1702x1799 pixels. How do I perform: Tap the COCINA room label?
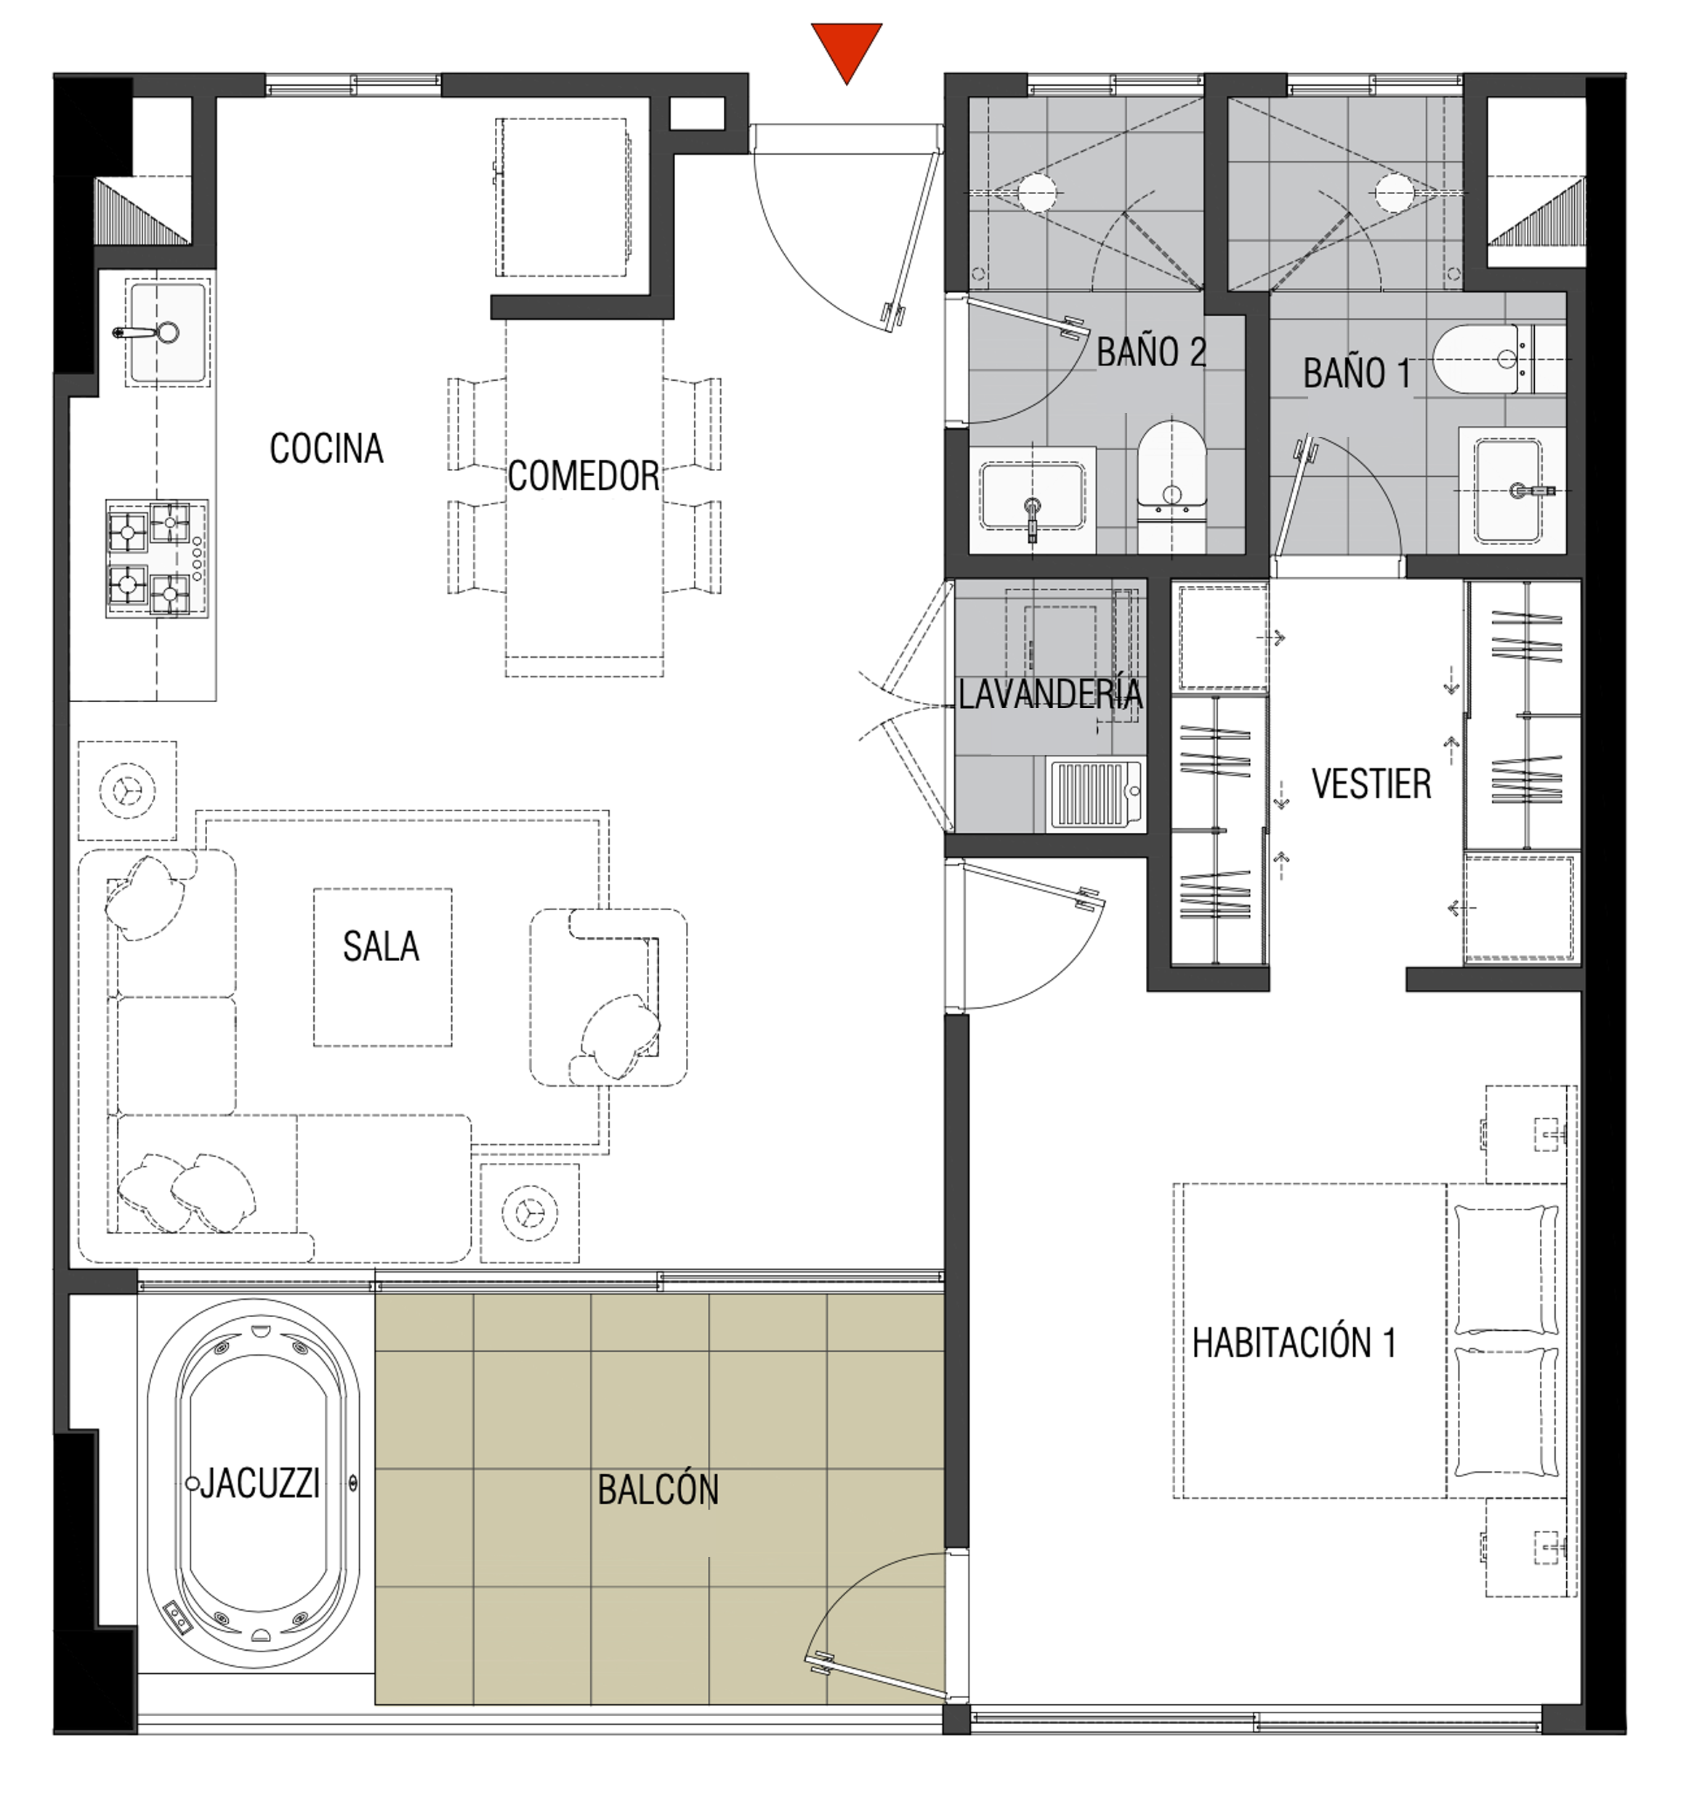pos(326,448)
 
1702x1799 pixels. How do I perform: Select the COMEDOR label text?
pos(584,476)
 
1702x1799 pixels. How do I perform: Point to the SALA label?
pos(381,947)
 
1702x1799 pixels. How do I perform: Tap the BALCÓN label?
pos(658,1489)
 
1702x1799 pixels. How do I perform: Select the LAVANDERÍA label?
pos(1051,695)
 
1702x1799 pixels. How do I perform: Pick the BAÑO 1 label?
pos(1358,374)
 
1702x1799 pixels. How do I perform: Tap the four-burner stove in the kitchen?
pos(157,559)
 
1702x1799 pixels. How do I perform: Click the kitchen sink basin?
pos(168,333)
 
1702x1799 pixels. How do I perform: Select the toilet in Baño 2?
pos(1172,486)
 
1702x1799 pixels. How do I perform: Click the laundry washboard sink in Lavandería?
pos(1096,796)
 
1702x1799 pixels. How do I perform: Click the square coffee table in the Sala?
pos(383,967)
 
